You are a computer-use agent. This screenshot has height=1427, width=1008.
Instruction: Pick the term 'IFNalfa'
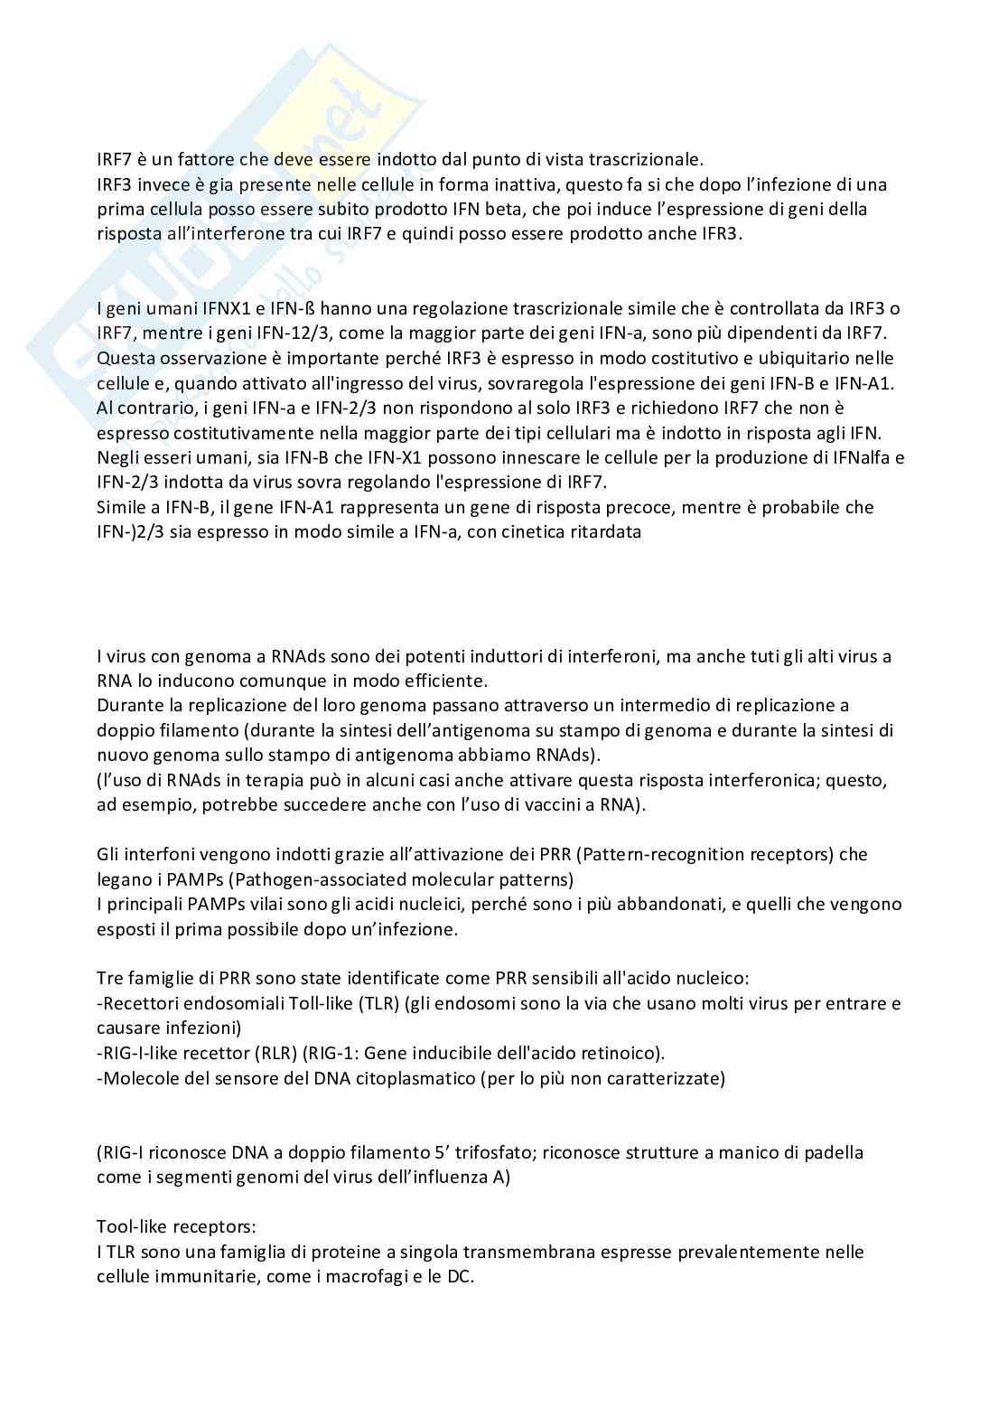(x=853, y=457)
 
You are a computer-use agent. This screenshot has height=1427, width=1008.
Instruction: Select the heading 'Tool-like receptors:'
(x=176, y=1227)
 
